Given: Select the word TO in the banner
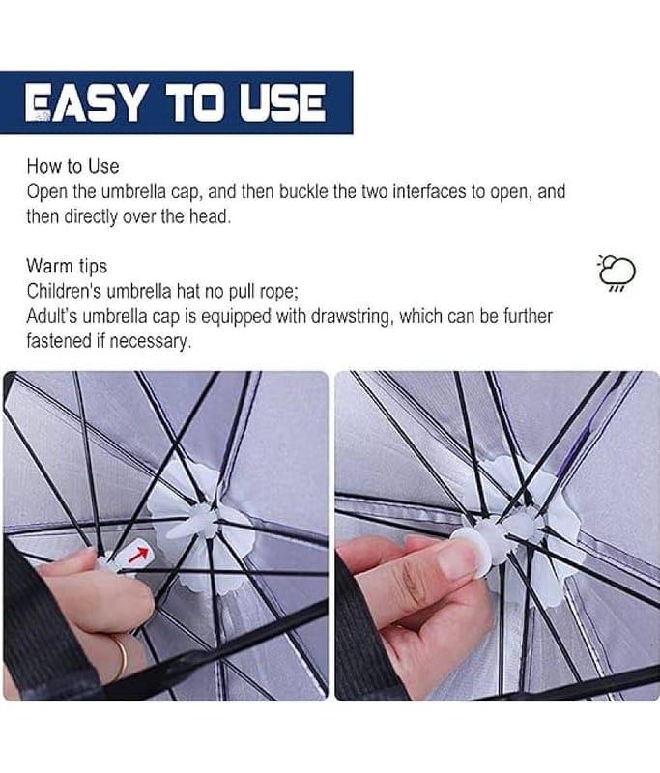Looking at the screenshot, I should [x=191, y=102].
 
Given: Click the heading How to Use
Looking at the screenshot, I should [x=72, y=166].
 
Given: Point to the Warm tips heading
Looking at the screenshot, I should [x=67, y=266].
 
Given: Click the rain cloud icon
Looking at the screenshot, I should [x=617, y=272].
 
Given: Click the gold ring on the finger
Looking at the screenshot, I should [x=121, y=657].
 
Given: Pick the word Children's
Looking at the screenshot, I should [x=64, y=291].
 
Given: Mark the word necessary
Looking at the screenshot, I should [x=155, y=341].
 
